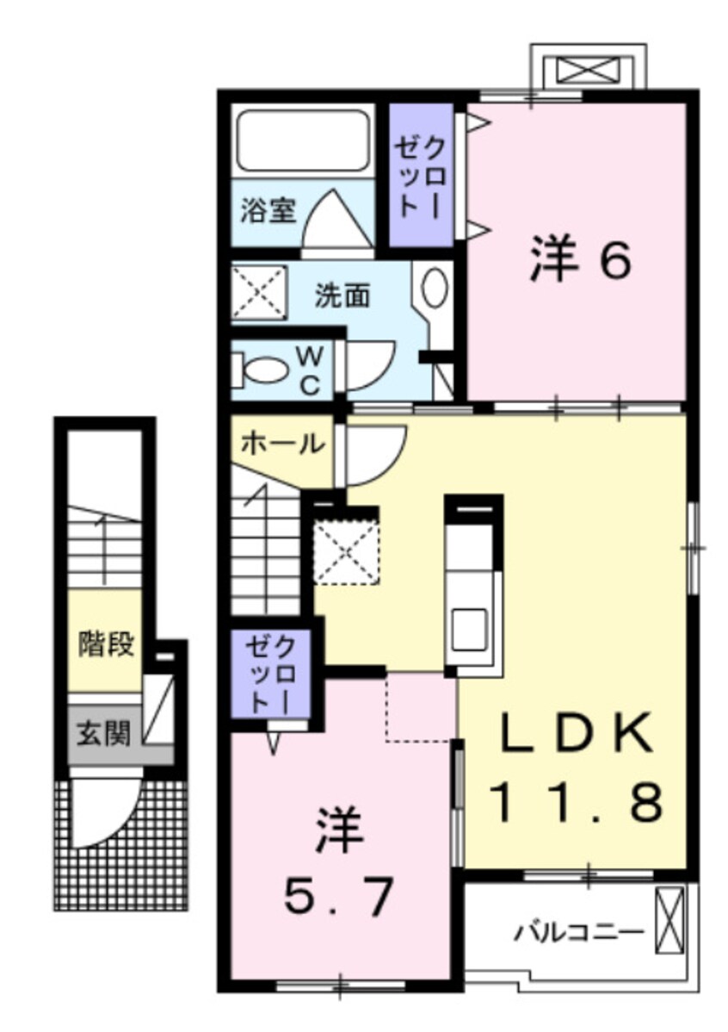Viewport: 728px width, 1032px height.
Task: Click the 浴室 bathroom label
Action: [x=268, y=210]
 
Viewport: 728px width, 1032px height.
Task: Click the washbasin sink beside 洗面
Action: [x=435, y=288]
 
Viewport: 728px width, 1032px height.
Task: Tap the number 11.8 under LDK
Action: [x=576, y=803]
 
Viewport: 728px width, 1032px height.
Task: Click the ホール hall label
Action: [x=282, y=444]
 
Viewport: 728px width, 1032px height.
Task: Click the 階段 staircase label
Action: [x=106, y=644]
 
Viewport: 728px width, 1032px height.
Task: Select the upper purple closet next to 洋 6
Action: [x=420, y=176]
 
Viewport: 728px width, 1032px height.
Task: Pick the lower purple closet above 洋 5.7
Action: [x=270, y=675]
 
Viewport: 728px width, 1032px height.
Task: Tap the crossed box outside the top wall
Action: [x=589, y=70]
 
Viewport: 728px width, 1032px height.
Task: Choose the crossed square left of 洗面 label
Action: [x=259, y=293]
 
